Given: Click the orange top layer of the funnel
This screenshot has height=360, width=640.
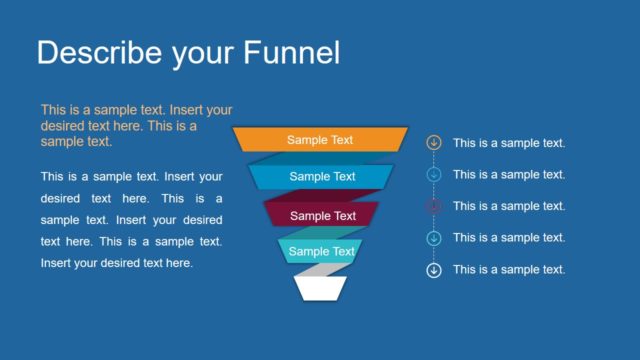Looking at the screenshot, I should pyautogui.click(x=320, y=140).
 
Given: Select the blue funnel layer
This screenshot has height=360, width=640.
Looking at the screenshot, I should pyautogui.click(x=322, y=177).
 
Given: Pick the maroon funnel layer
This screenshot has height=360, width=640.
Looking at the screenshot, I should pyautogui.click(x=322, y=215).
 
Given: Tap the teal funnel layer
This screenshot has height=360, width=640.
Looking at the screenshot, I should pyautogui.click(x=321, y=251).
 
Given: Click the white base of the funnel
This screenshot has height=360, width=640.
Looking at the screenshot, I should pyautogui.click(x=321, y=288).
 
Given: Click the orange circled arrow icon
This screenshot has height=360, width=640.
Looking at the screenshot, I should pyautogui.click(x=434, y=143).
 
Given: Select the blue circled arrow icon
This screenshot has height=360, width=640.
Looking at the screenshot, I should pyautogui.click(x=434, y=175).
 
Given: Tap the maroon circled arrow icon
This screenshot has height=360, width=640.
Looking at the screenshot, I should pyautogui.click(x=434, y=206).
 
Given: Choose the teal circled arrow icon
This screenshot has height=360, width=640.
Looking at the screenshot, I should pyautogui.click(x=434, y=238).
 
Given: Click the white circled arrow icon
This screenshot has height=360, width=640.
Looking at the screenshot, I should pyautogui.click(x=434, y=270).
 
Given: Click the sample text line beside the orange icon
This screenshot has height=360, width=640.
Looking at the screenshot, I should pyautogui.click(x=509, y=143).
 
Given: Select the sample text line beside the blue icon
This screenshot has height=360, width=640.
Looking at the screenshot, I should pyautogui.click(x=509, y=175).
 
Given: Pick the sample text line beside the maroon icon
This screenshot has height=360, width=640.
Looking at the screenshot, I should pyautogui.click(x=509, y=206).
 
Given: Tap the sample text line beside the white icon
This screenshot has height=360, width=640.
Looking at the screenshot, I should pyautogui.click(x=509, y=270).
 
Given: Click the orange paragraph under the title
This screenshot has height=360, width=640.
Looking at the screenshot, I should pyautogui.click(x=136, y=125).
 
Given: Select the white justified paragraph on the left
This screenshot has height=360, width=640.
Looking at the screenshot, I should pyautogui.click(x=131, y=219).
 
